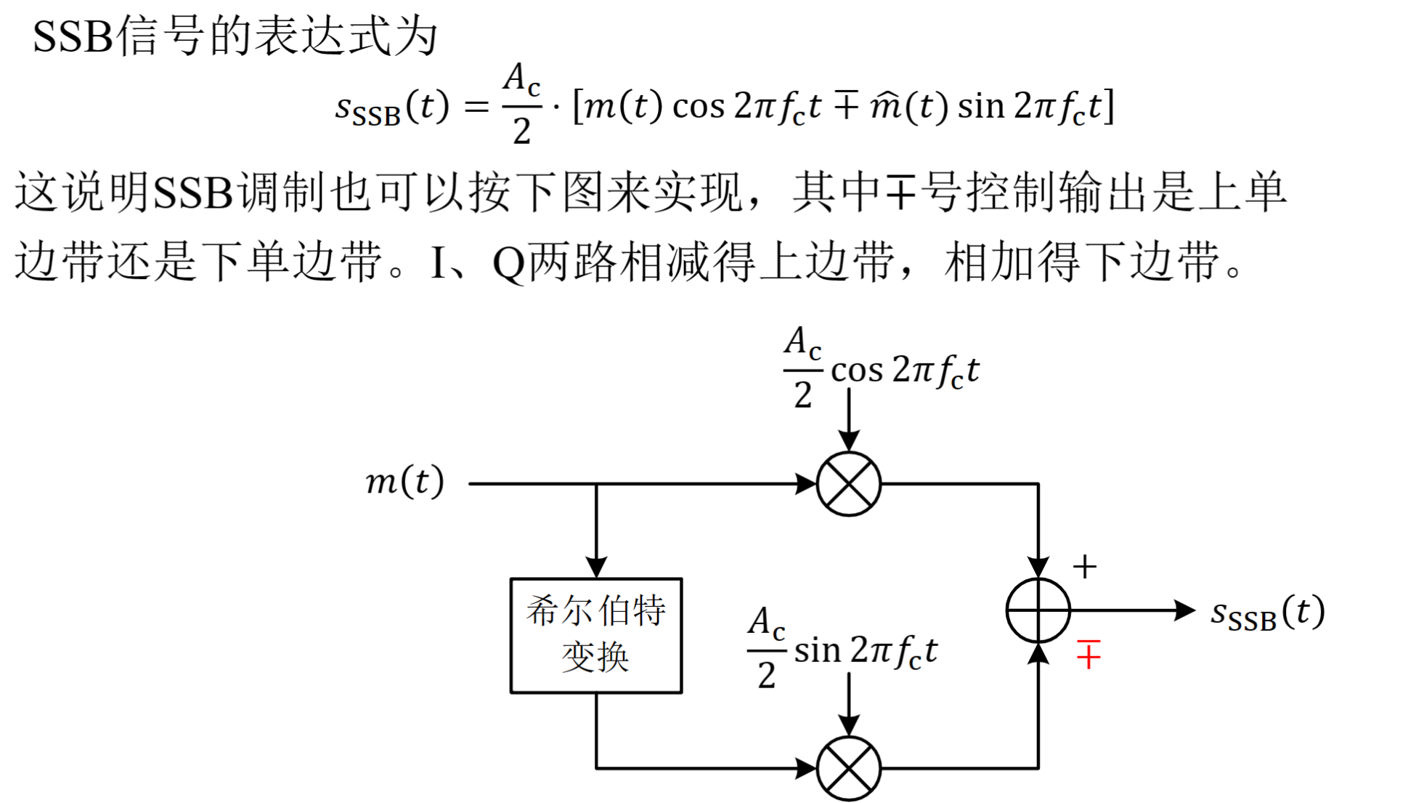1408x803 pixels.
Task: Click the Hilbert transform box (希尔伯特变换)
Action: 595,635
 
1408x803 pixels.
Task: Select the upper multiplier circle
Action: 848,483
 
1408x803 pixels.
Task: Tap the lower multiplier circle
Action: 848,768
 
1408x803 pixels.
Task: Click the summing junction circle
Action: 1038,610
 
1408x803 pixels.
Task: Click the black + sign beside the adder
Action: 1084,567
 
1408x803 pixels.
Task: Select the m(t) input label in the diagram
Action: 404,481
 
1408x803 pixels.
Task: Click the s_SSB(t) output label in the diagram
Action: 1267,613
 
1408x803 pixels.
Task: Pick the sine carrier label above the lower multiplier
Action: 842,648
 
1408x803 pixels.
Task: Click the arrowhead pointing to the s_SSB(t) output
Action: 1184,610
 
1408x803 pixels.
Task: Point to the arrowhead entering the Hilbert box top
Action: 596,567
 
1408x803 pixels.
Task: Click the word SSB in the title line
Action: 73,36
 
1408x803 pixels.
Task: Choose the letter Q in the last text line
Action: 508,263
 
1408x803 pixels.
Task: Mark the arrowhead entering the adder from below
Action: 1038,654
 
